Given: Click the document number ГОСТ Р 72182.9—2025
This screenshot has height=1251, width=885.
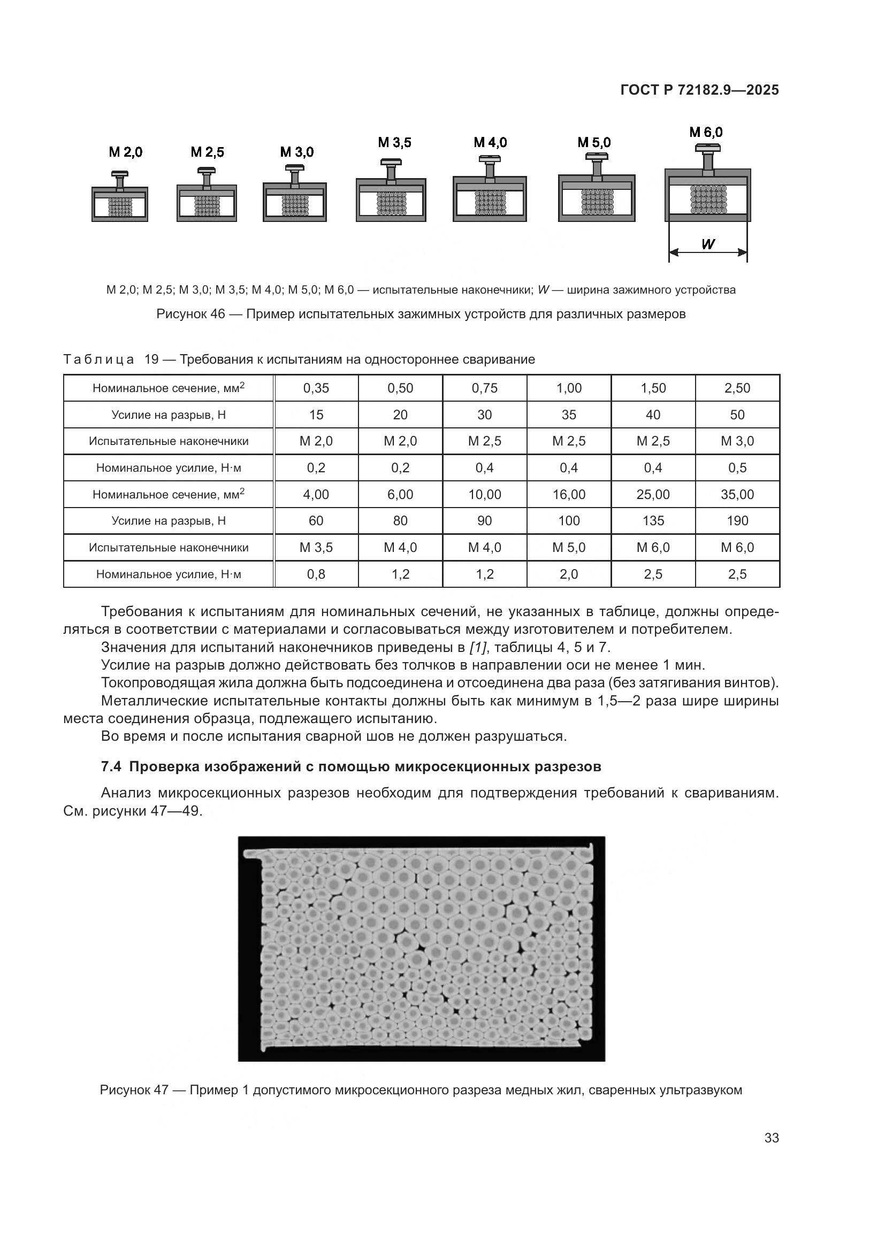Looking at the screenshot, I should [699, 90].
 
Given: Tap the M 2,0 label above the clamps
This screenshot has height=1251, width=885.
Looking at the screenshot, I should [125, 152].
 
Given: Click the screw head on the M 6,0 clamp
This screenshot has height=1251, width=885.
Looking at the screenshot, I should [707, 148].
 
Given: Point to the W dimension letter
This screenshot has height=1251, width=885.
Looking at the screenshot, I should [707, 244].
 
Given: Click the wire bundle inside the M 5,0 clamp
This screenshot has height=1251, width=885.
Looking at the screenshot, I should [597, 201].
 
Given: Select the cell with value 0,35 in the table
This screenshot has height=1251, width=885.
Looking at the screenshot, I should [316, 388].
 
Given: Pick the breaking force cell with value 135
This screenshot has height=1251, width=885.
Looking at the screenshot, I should [653, 521].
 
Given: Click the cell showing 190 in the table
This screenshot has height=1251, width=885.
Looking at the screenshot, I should [737, 521].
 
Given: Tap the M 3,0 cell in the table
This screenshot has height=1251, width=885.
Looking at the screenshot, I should [737, 441].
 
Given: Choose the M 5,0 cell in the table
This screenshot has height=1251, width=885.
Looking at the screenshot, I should [569, 548].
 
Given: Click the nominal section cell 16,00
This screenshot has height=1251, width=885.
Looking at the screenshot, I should [569, 495].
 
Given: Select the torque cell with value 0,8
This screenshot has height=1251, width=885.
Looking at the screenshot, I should [316, 574].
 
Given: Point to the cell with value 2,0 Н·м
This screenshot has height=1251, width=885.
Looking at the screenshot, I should [569, 574].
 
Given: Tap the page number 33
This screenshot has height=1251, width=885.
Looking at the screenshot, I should [771, 1138].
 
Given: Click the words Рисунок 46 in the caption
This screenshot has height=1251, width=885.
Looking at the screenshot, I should [190, 314].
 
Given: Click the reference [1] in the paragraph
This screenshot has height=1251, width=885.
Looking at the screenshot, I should [478, 648].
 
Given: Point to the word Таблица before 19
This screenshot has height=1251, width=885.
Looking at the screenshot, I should [98, 359].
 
